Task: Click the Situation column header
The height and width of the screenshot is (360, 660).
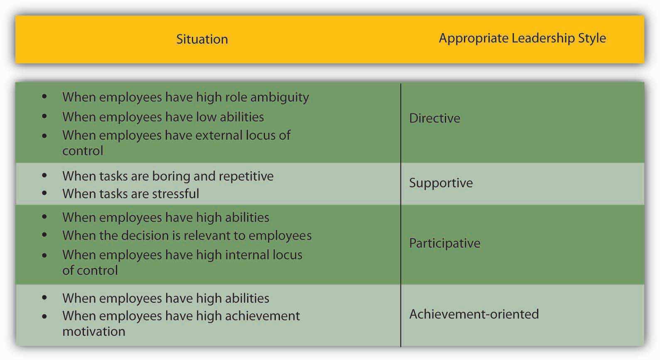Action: [202, 39]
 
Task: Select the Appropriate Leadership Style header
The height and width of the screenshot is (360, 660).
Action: [523, 38]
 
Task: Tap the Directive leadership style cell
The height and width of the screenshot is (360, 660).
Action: [434, 118]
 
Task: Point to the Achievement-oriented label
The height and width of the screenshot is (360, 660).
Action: [474, 314]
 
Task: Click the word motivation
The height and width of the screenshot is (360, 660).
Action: [94, 331]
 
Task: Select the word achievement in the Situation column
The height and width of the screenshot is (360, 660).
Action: [262, 316]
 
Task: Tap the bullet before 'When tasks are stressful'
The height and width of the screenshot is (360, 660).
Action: [44, 193]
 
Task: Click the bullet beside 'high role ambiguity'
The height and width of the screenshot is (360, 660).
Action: [44, 96]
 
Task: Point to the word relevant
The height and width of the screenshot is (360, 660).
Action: [206, 236]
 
